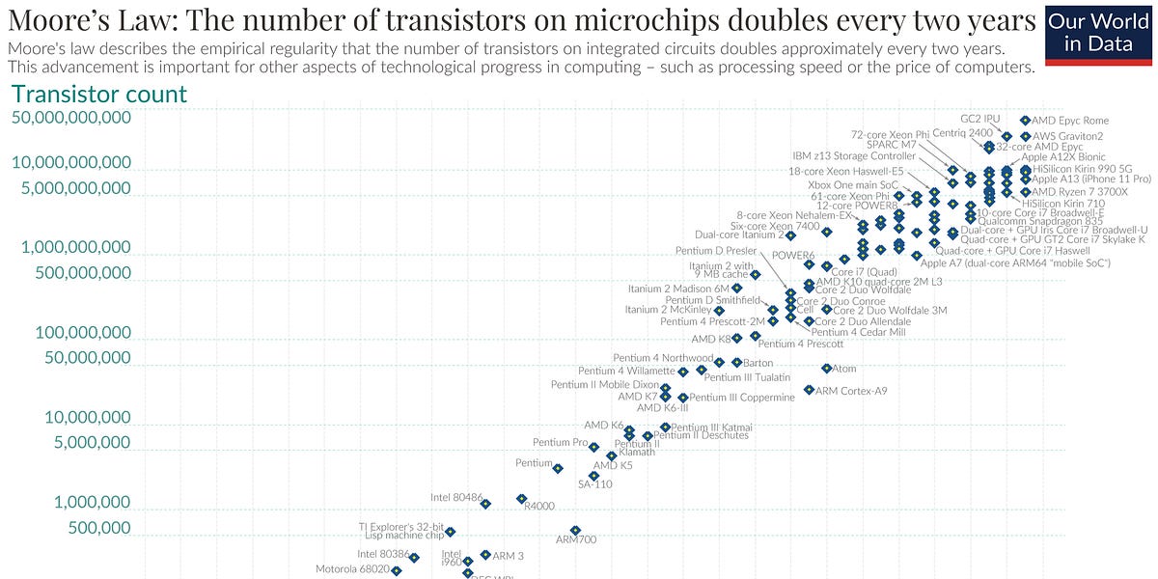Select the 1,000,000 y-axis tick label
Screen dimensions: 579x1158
tap(82, 503)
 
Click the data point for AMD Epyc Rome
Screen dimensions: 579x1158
tap(1025, 121)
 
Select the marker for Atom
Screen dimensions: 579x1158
tap(827, 369)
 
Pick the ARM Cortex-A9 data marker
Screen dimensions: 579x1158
tap(809, 390)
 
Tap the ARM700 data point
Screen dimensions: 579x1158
tap(575, 530)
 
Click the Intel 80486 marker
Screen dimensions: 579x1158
tap(485, 504)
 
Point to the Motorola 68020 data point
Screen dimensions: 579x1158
tap(396, 570)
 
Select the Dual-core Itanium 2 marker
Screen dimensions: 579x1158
tap(790, 235)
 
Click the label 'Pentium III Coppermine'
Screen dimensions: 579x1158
tap(742, 398)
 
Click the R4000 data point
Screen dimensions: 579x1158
tap(522, 499)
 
